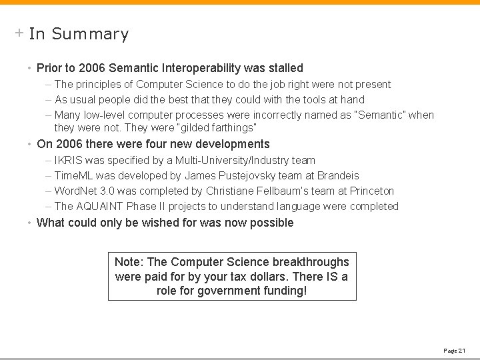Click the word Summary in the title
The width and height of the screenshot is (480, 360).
coord(89,34)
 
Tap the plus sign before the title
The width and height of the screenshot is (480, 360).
coord(19,33)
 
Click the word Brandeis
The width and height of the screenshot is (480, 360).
coord(337,175)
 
